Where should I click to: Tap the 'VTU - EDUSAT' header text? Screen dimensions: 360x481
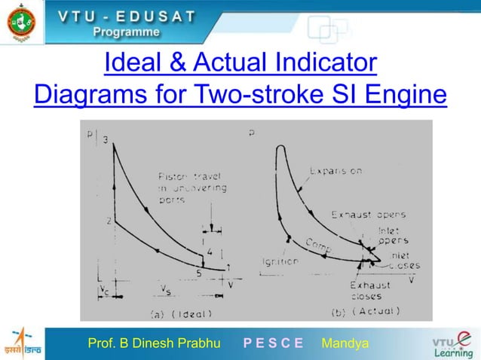point(127,16)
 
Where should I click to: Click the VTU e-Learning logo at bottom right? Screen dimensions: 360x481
point(452,343)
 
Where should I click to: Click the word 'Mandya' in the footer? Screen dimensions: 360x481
point(345,344)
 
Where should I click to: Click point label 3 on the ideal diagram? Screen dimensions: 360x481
point(106,140)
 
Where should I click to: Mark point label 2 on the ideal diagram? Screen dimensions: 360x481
point(109,221)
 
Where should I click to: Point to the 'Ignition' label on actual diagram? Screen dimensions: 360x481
point(281,261)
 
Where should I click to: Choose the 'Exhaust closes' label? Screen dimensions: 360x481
point(369,291)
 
